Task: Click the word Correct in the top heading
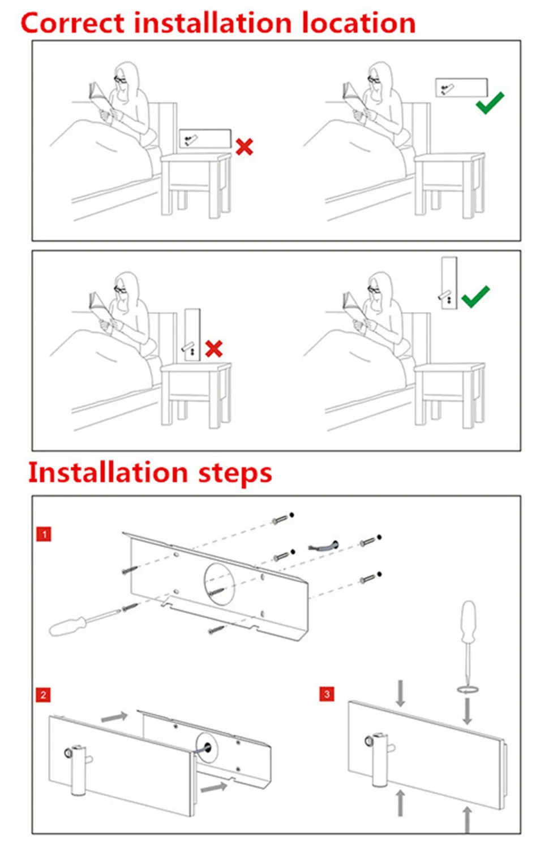point(72,24)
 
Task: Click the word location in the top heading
point(359,24)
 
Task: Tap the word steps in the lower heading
point(235,473)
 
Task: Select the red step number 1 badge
point(44,534)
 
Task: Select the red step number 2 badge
point(43,695)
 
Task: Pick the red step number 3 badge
point(327,694)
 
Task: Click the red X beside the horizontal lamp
point(245,147)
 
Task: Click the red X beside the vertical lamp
point(214,348)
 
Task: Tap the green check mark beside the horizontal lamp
point(490,103)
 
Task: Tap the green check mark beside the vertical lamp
point(475,296)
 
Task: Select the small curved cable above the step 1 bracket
point(323,547)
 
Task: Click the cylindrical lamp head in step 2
point(79,769)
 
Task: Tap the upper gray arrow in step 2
point(114,717)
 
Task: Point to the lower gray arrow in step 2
point(213,786)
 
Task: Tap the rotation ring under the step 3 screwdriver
point(468,689)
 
